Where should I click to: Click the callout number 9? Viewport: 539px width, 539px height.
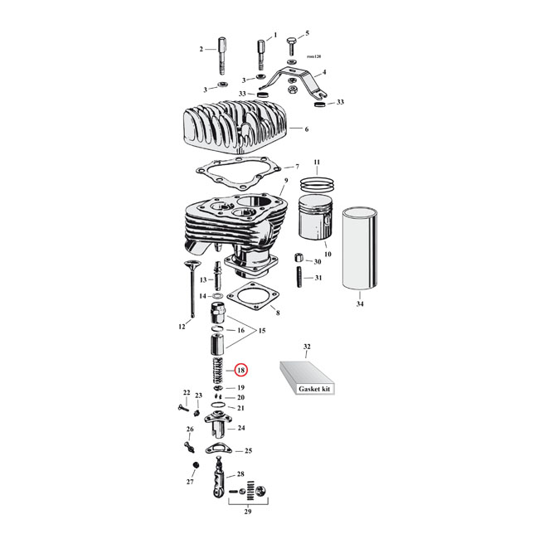click(284, 181)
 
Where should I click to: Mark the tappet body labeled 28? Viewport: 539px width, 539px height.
click(219, 482)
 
